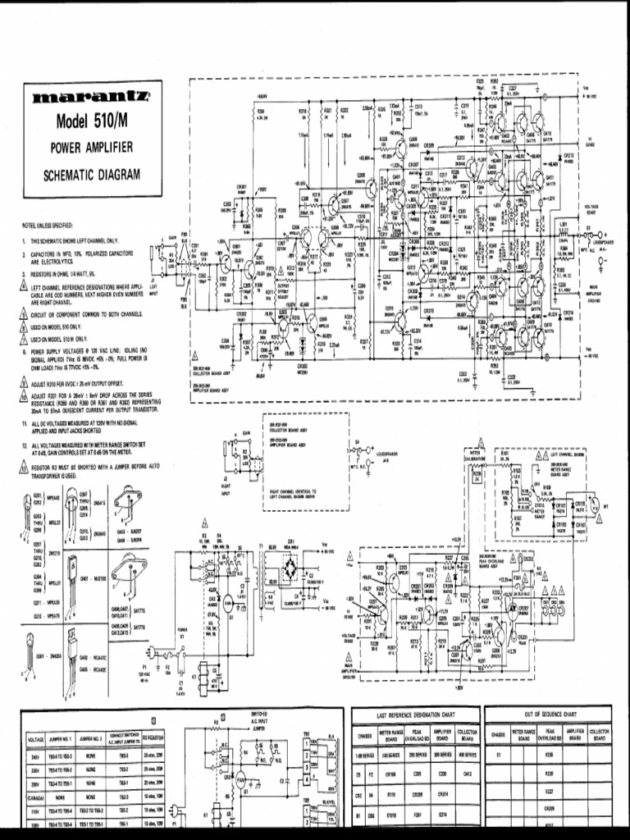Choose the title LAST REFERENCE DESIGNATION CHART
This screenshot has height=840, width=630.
[415, 714]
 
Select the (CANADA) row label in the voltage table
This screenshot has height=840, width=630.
[35, 797]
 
